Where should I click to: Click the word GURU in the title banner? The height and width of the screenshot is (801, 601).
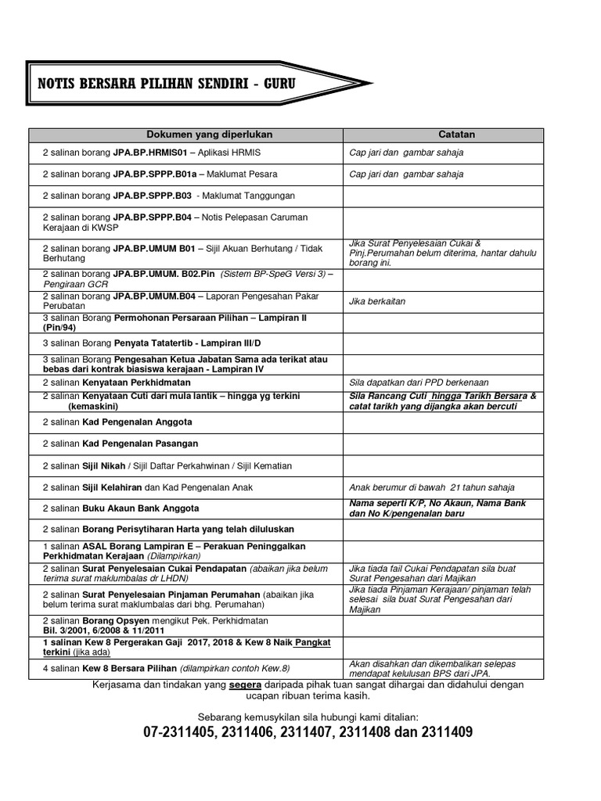[278, 82]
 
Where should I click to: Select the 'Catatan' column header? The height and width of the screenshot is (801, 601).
[456, 135]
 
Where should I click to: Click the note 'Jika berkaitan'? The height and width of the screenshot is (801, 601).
[378, 301]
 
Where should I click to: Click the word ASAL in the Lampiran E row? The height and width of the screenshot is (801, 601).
[95, 545]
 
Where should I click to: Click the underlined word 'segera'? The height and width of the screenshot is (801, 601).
[246, 684]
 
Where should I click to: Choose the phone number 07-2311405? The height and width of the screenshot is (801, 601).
[179, 733]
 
